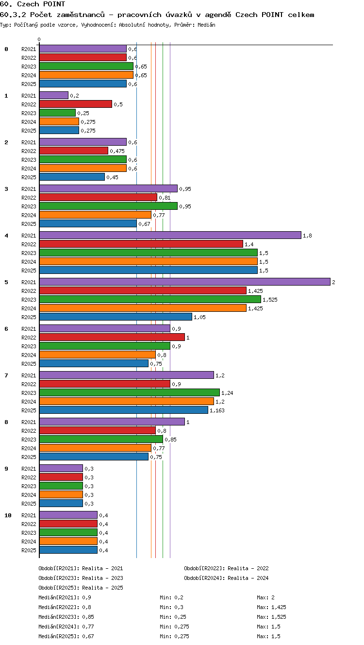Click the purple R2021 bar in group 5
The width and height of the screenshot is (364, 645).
point(185,282)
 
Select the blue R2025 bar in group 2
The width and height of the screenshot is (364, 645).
point(72,177)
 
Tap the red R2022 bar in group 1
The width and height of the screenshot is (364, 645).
point(76,104)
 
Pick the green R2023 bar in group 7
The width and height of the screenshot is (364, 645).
point(130,393)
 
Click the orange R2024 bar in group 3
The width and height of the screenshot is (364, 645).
point(95,215)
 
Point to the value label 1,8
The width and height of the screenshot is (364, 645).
point(307,236)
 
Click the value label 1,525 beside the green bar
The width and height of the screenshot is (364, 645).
point(270,300)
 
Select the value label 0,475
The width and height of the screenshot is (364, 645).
point(117,151)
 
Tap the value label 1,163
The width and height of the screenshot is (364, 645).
point(217,410)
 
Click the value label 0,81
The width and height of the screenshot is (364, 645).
point(165,198)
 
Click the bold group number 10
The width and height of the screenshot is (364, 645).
point(8,515)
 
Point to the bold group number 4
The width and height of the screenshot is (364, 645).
point(6,236)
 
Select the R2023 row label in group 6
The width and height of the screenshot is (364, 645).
point(29,346)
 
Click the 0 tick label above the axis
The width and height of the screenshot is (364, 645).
point(39,39)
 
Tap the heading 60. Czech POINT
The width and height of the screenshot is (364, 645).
point(33,4)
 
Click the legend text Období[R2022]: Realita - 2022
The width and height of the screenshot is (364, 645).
point(226,568)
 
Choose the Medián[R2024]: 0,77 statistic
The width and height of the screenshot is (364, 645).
point(66,627)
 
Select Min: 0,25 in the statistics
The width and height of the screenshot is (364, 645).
point(173,617)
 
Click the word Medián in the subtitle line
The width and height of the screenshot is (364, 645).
point(206,25)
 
